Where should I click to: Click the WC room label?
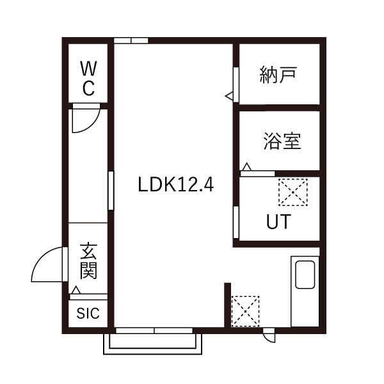88,77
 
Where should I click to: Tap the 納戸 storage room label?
278,75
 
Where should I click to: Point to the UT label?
278,222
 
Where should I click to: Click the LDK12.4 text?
175,186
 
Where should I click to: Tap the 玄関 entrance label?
88,261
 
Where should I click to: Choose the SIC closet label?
88,314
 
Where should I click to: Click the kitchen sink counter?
305,291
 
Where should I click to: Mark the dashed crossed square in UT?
292,191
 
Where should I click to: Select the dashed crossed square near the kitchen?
245,311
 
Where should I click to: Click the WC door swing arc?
84,120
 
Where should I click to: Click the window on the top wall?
131,41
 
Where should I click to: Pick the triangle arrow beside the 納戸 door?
229,96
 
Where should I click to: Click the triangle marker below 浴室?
247,168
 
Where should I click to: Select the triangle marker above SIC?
76,291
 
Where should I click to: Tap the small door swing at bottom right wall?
269,335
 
